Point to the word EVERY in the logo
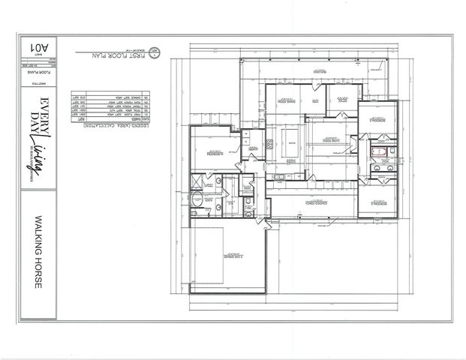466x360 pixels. point(45,108)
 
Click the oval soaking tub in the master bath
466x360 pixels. point(197,200)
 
